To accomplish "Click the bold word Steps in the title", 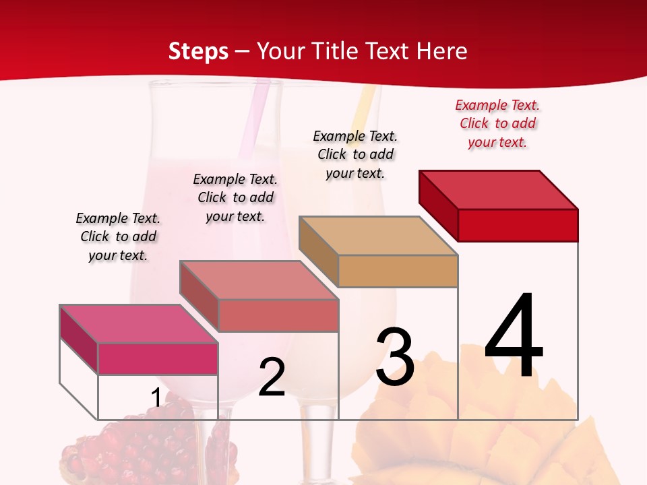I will tap(198, 51).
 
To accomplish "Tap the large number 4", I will tap(514, 336).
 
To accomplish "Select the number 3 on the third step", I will tap(395, 358).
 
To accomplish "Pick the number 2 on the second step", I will tap(272, 378).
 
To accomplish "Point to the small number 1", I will tap(156, 398).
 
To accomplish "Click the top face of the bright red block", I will tap(499, 189).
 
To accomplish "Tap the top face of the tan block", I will tap(378, 235).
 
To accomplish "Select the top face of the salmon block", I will tap(259, 280).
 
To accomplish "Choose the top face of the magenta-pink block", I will tap(139, 323).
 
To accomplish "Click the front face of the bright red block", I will tap(518, 225).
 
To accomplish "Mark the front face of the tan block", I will tap(398, 271).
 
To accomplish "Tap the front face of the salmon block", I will tap(278, 315).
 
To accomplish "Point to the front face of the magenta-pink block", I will tap(158, 358).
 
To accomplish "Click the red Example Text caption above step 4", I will tap(497, 123).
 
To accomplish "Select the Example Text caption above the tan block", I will tap(355, 154).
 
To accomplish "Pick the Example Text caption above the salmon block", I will tap(235, 197).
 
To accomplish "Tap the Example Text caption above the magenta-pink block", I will tap(118, 236).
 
